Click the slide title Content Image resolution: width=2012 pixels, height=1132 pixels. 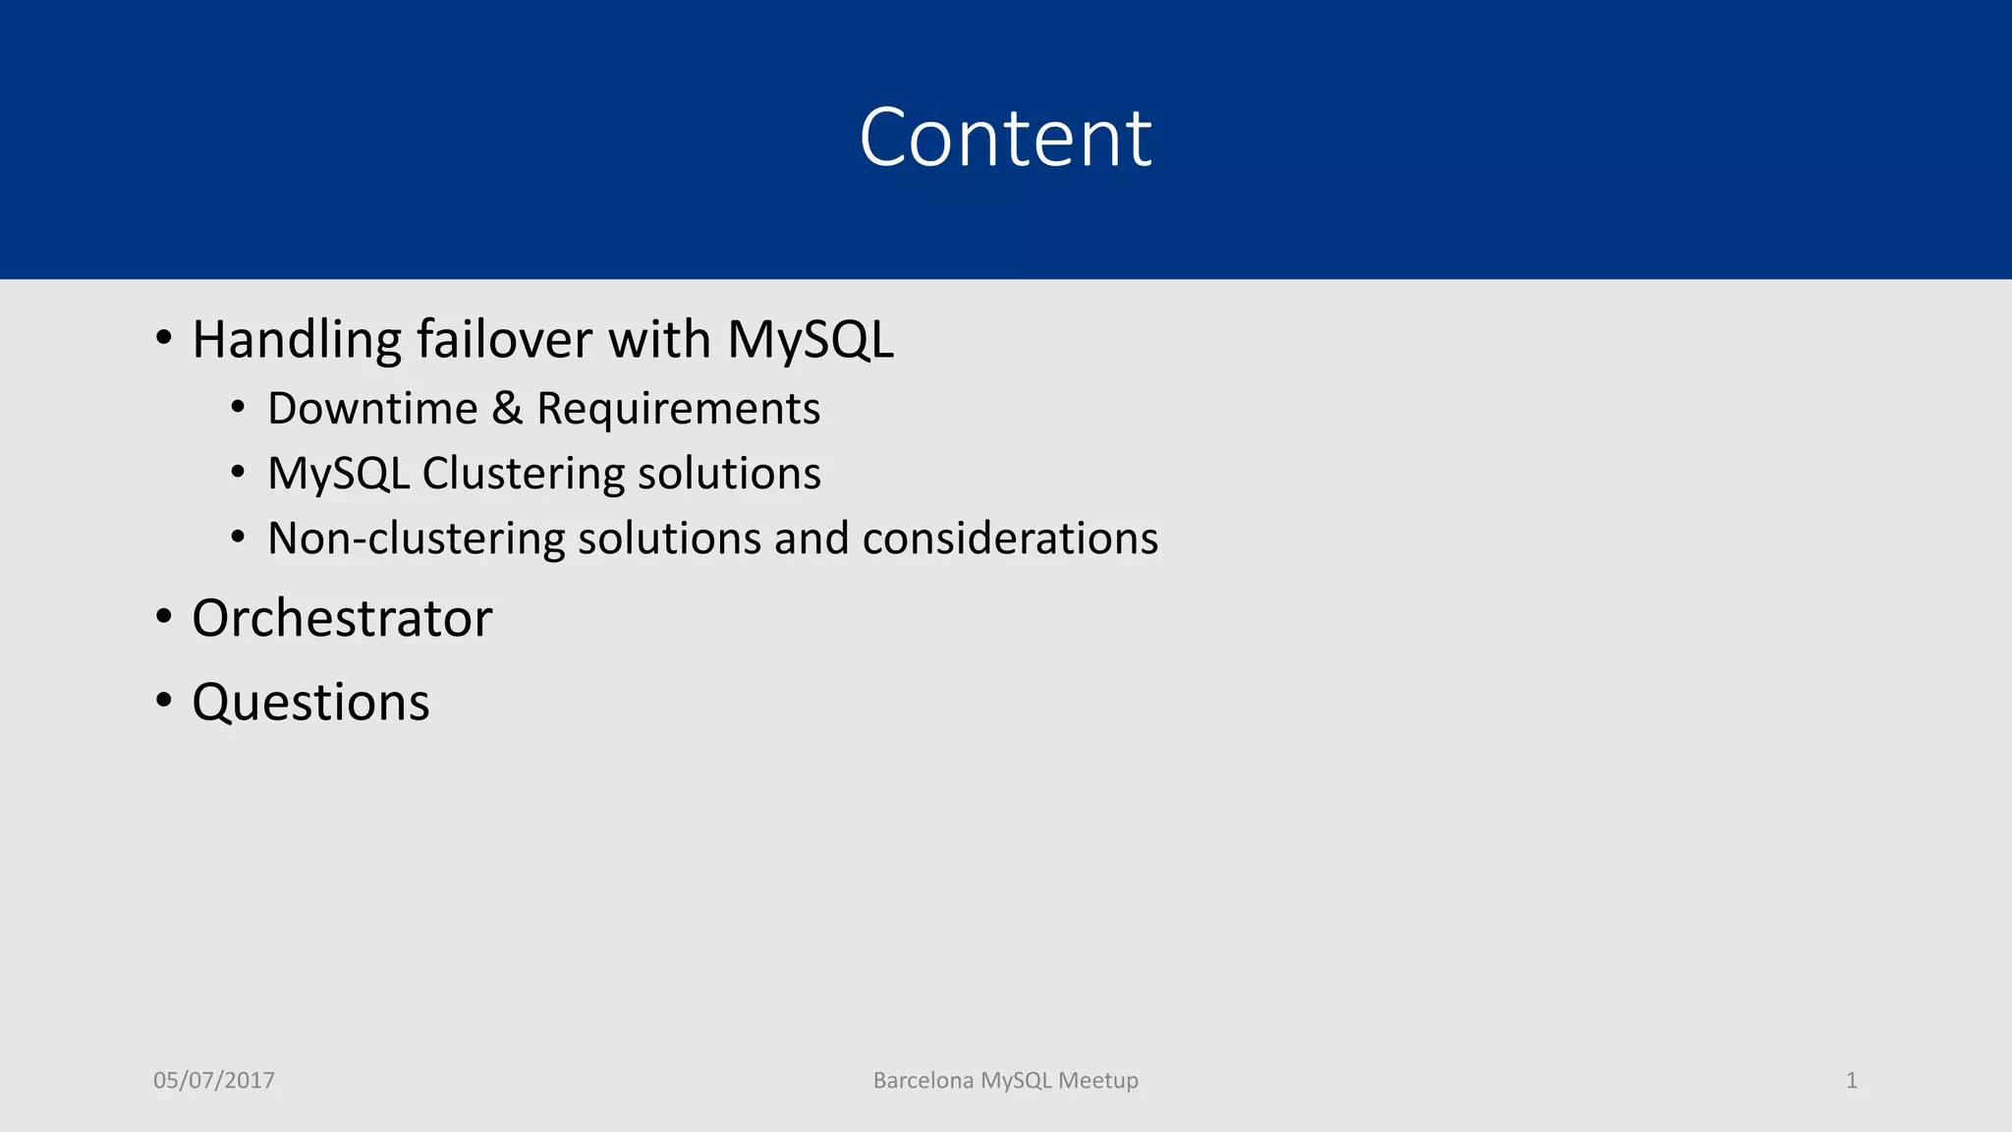point(1005,138)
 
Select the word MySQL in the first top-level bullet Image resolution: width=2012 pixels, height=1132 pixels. point(810,340)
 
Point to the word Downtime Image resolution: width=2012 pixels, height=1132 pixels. point(372,409)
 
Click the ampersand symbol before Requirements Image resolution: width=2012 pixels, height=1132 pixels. point(507,409)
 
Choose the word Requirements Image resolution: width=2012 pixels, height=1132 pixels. point(678,409)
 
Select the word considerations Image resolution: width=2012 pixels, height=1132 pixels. point(1010,538)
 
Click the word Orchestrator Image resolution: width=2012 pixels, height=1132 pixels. point(342,618)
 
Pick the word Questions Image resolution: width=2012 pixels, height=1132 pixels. point(310,703)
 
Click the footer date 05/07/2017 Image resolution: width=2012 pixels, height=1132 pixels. point(214,1080)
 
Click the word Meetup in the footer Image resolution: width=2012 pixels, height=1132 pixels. point(1098,1080)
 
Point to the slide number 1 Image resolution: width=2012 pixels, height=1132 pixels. point(1851,1080)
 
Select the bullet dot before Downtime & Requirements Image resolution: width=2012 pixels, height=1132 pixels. point(238,407)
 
